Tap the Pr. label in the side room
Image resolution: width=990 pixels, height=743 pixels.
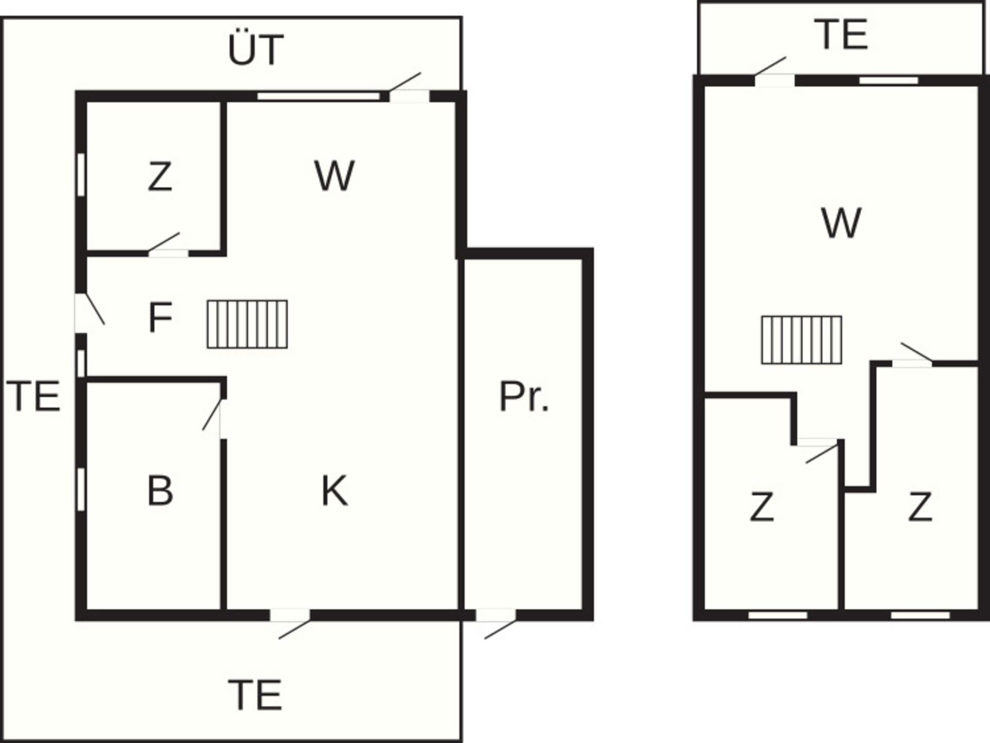pyautogui.click(x=524, y=396)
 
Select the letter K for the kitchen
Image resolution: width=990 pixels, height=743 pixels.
pyautogui.click(x=335, y=491)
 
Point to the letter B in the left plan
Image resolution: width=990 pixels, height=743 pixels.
pyautogui.click(x=160, y=491)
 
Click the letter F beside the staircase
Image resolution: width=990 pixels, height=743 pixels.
pyautogui.click(x=160, y=318)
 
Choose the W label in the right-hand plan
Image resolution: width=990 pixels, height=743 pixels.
pyautogui.click(x=841, y=223)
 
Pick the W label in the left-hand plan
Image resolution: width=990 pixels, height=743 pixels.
pyautogui.click(x=335, y=176)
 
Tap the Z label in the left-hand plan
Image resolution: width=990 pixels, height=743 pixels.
pyautogui.click(x=160, y=176)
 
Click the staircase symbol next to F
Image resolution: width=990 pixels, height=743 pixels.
pyautogui.click(x=247, y=325)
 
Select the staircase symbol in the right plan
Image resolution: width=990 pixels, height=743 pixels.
pyautogui.click(x=802, y=340)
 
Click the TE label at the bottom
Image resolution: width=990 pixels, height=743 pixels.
pyautogui.click(x=255, y=696)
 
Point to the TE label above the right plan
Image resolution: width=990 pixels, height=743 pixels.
pyautogui.click(x=841, y=35)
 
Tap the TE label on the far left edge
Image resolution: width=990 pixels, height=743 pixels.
pyautogui.click(x=34, y=396)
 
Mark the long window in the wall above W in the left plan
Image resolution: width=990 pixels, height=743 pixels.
pyautogui.click(x=319, y=96)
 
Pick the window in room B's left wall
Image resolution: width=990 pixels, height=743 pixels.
pyautogui.click(x=81, y=489)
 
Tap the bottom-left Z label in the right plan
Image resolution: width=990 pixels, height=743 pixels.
pyautogui.click(x=762, y=507)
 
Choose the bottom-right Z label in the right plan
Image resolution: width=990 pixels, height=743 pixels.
pyautogui.click(x=920, y=507)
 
